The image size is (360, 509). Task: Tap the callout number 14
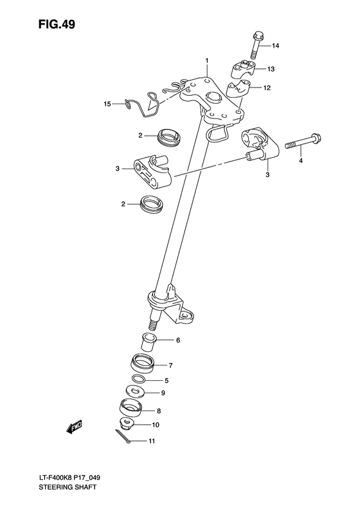click(275, 45)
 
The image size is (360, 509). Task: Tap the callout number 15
click(108, 103)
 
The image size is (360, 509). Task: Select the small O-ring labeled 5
click(137, 380)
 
